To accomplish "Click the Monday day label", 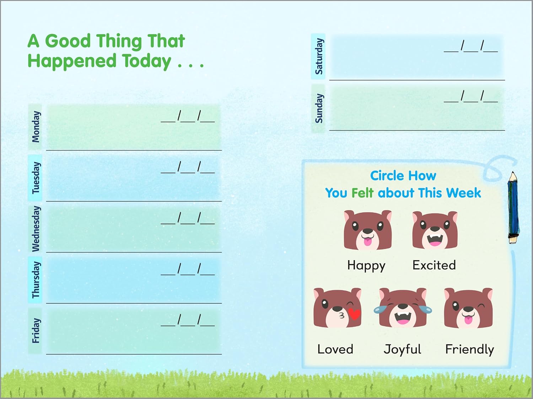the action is coord(36,127).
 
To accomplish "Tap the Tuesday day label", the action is coord(36,178).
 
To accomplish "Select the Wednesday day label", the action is coord(36,229).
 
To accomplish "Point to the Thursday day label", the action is coord(36,280).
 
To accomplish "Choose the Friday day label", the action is coord(36,331).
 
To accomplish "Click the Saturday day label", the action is coord(319,56).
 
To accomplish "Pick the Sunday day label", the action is coord(319,108).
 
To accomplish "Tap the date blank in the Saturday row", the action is coord(471,46).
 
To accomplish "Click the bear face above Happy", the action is coord(368,230).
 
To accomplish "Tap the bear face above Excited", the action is coord(435,230).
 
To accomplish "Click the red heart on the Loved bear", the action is coord(354,314).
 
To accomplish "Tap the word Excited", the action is coord(434,265).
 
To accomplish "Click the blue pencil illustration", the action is coord(513,207).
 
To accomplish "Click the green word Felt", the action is coord(362,193).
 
